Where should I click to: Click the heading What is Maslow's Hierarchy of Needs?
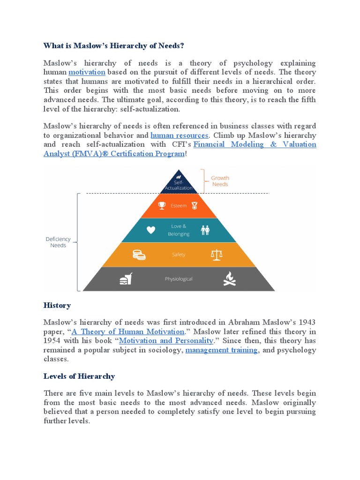coord(113,45)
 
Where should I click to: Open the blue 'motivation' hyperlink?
coord(87,72)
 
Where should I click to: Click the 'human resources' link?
coord(179,135)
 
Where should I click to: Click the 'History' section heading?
coord(57,305)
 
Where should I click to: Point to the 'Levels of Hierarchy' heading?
coord(79,376)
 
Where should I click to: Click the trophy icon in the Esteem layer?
coord(162,205)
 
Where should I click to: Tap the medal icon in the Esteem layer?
coord(194,205)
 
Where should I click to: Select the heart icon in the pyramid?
coord(150,230)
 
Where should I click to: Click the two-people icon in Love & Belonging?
coord(205,230)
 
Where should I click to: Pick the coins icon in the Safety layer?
coord(139,255)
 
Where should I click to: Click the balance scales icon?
coord(217,255)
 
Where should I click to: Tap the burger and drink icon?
coord(126,279)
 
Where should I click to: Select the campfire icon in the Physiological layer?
coord(229,278)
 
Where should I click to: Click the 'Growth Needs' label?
coord(220,181)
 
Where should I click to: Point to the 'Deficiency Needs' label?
coord(58,242)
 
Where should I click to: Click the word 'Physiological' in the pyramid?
coord(179,279)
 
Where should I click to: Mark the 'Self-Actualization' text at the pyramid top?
coord(179,185)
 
